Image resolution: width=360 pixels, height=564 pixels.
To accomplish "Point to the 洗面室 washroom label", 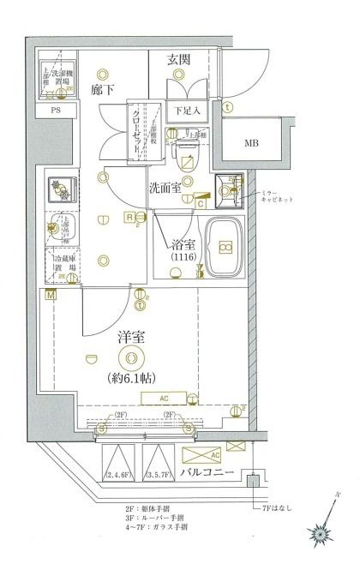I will (165, 188).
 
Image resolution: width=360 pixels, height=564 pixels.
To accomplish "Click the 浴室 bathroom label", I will (183, 243).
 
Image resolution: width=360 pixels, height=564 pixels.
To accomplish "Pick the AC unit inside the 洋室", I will (164, 398).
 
